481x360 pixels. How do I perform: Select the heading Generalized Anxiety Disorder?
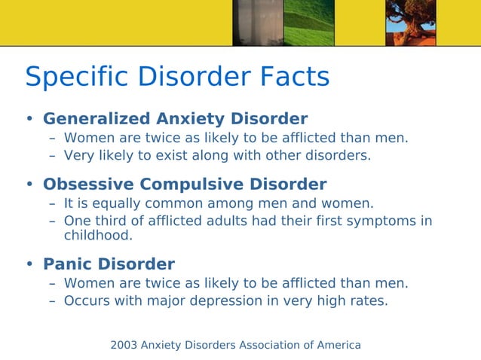(x=175, y=119)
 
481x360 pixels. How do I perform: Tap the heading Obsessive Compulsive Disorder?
(x=185, y=185)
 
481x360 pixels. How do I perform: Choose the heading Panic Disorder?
(x=109, y=264)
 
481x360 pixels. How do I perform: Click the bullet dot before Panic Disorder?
(x=30, y=264)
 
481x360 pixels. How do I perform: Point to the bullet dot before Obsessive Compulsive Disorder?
(x=30, y=185)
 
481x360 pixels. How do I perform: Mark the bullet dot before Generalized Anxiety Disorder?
(x=30, y=119)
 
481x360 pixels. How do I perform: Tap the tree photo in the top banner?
(x=410, y=23)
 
